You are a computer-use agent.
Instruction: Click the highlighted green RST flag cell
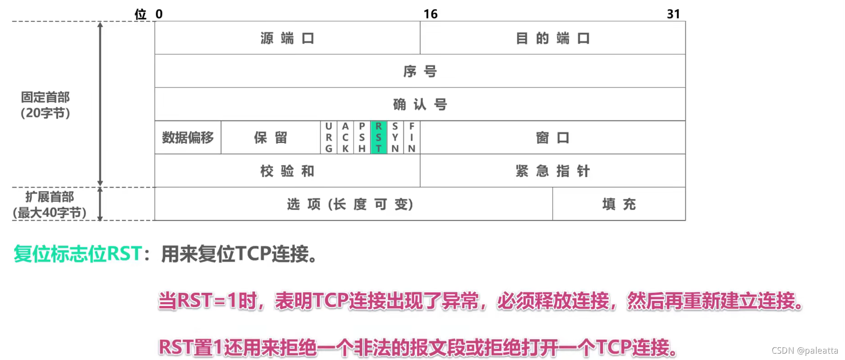(378, 137)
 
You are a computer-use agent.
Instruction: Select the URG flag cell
(329, 137)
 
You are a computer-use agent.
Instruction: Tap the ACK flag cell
(345, 137)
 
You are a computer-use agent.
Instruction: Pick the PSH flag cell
(362, 137)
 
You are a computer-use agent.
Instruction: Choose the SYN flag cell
(395, 137)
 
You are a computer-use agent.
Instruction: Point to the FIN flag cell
(412, 137)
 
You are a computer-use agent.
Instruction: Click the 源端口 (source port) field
(287, 38)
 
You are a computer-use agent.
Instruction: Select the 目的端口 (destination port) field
(552, 38)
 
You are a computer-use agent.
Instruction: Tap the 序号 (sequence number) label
(420, 71)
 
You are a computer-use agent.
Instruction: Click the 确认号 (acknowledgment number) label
(420, 104)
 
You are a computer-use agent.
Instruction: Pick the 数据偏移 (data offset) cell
(188, 138)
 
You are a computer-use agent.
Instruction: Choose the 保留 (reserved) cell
(270, 138)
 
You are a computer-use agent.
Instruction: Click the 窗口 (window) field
(552, 138)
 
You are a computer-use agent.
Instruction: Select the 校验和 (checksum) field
(287, 171)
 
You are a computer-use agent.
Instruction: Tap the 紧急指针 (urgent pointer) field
(552, 171)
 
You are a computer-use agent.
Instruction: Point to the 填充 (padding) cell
(619, 204)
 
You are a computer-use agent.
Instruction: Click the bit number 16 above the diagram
(431, 14)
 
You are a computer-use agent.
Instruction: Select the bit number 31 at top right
(673, 14)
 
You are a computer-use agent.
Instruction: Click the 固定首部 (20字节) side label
(45, 105)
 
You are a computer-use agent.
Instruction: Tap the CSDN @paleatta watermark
(805, 350)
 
